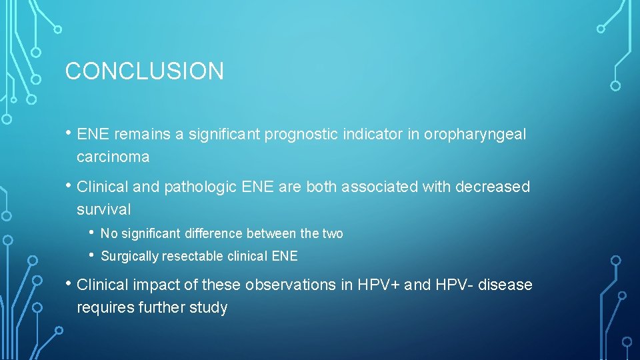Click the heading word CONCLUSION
point(144,71)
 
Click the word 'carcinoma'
point(113,157)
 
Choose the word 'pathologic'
point(200,187)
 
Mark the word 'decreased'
point(493,187)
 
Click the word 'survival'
point(104,209)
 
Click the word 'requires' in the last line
point(105,308)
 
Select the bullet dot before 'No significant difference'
point(91,233)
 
